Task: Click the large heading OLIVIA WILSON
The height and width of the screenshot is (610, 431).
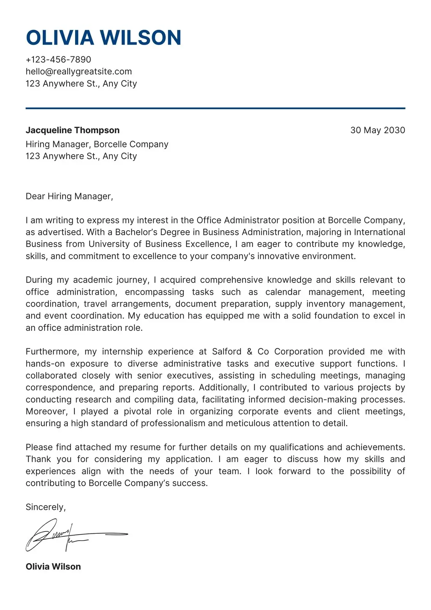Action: click(x=103, y=38)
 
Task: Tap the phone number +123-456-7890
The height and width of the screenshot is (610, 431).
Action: click(x=58, y=59)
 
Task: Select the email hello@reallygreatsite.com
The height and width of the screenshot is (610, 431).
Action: click(x=79, y=71)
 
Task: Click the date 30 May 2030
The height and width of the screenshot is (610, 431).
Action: click(x=377, y=130)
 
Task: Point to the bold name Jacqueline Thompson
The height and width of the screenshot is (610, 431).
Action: click(x=72, y=130)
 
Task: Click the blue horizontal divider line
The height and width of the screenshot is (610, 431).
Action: click(x=215, y=108)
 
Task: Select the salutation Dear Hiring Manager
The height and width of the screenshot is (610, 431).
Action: click(x=69, y=196)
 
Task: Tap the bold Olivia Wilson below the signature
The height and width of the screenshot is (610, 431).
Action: click(x=53, y=567)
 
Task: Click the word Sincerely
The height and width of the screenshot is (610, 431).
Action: click(x=45, y=507)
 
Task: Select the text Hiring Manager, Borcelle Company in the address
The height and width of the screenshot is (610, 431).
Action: click(x=97, y=144)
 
